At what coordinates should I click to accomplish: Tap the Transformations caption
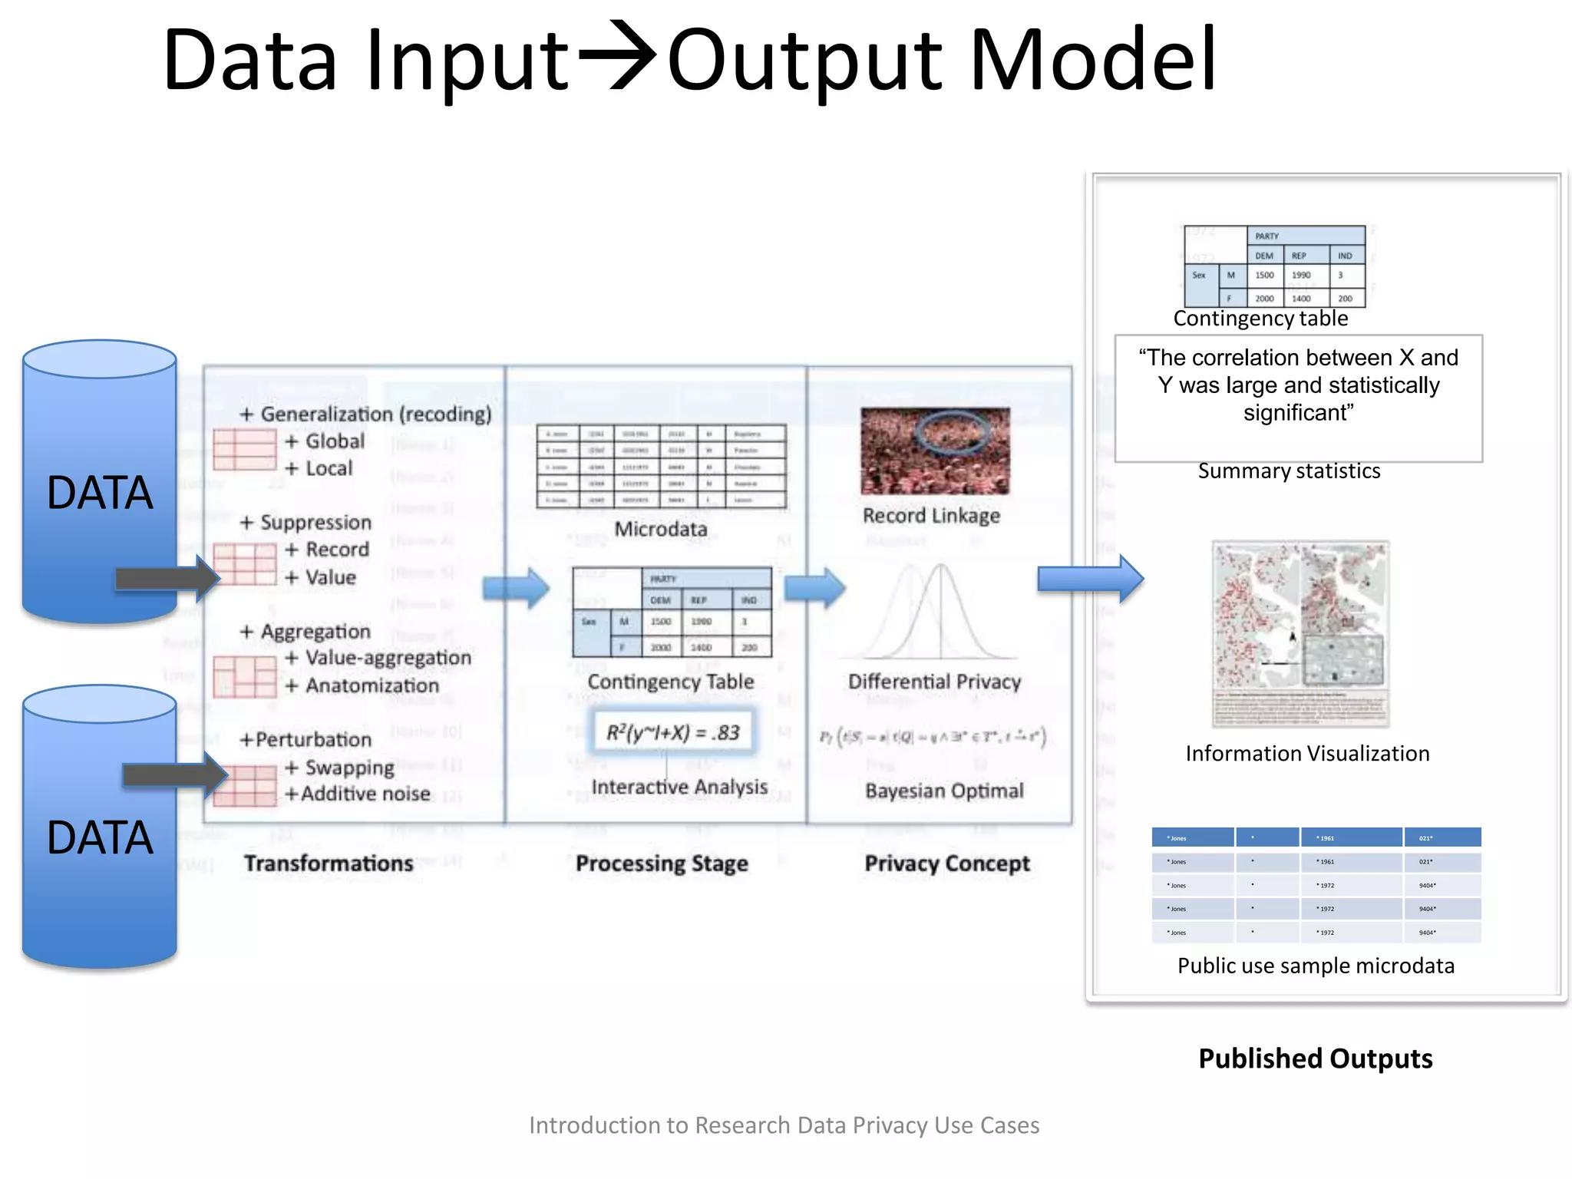click(329, 864)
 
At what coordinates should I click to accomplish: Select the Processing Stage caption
click(662, 864)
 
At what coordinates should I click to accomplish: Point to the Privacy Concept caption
click(947, 864)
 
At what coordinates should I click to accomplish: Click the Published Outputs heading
click(1315, 1058)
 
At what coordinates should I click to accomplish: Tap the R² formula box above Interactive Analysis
click(673, 732)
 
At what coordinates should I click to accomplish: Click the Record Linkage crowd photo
click(935, 451)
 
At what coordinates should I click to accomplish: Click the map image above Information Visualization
click(1300, 633)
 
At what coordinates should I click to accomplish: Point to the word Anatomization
click(372, 685)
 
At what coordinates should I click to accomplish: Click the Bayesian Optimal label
click(944, 791)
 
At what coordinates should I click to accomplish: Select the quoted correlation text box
click(1298, 398)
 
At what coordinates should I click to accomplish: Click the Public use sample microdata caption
click(1316, 966)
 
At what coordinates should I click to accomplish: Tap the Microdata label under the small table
click(661, 529)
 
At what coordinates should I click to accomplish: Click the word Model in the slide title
click(1093, 60)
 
